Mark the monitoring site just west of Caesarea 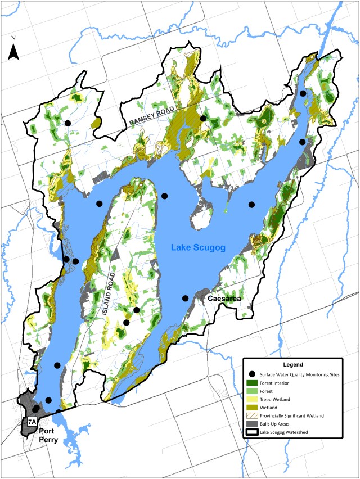185,298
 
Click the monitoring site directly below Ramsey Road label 203,118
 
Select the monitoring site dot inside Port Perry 35,409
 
